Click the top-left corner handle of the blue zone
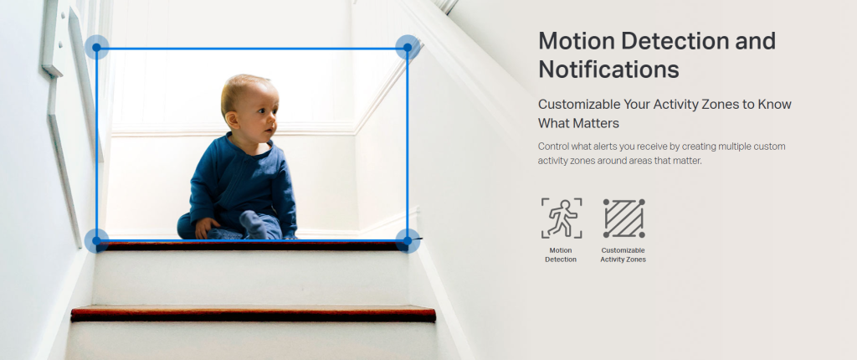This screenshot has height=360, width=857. tap(97, 48)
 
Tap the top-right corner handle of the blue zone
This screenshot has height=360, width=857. tap(408, 48)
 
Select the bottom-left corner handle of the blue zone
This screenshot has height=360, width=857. tap(97, 241)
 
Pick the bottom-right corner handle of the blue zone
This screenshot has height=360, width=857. tap(408, 241)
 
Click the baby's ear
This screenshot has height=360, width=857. tap(233, 119)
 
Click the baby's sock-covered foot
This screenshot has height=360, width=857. tap(254, 224)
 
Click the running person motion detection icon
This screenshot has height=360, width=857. tap(562, 219)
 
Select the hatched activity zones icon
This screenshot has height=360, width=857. tap(624, 219)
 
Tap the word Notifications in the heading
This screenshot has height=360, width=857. tap(609, 69)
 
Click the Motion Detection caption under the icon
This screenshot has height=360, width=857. tap(561, 255)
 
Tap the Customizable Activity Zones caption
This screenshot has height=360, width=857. tap(623, 255)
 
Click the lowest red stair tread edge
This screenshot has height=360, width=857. tap(253, 314)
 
